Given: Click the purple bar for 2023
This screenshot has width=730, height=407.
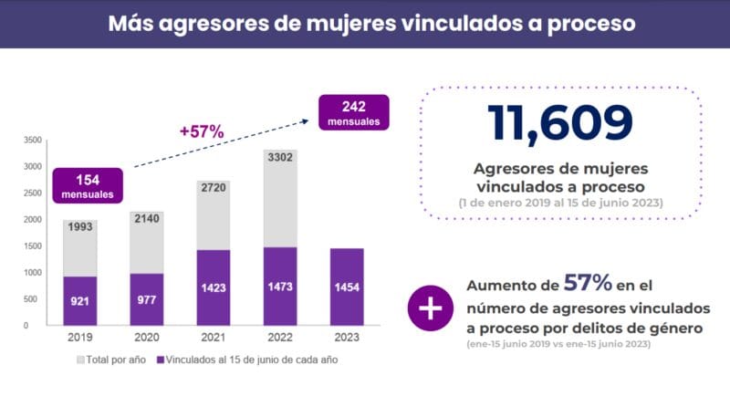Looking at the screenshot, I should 347,286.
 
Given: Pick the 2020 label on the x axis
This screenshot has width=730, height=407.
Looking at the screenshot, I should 146,337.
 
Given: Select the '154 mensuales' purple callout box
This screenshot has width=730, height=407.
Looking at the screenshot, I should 87,184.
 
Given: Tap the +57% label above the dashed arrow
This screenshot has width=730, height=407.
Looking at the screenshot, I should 202,131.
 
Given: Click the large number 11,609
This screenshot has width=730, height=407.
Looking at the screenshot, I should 559,124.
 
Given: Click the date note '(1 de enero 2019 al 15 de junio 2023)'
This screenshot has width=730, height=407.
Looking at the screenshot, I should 560,202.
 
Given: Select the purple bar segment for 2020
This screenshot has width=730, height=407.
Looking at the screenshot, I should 146,298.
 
